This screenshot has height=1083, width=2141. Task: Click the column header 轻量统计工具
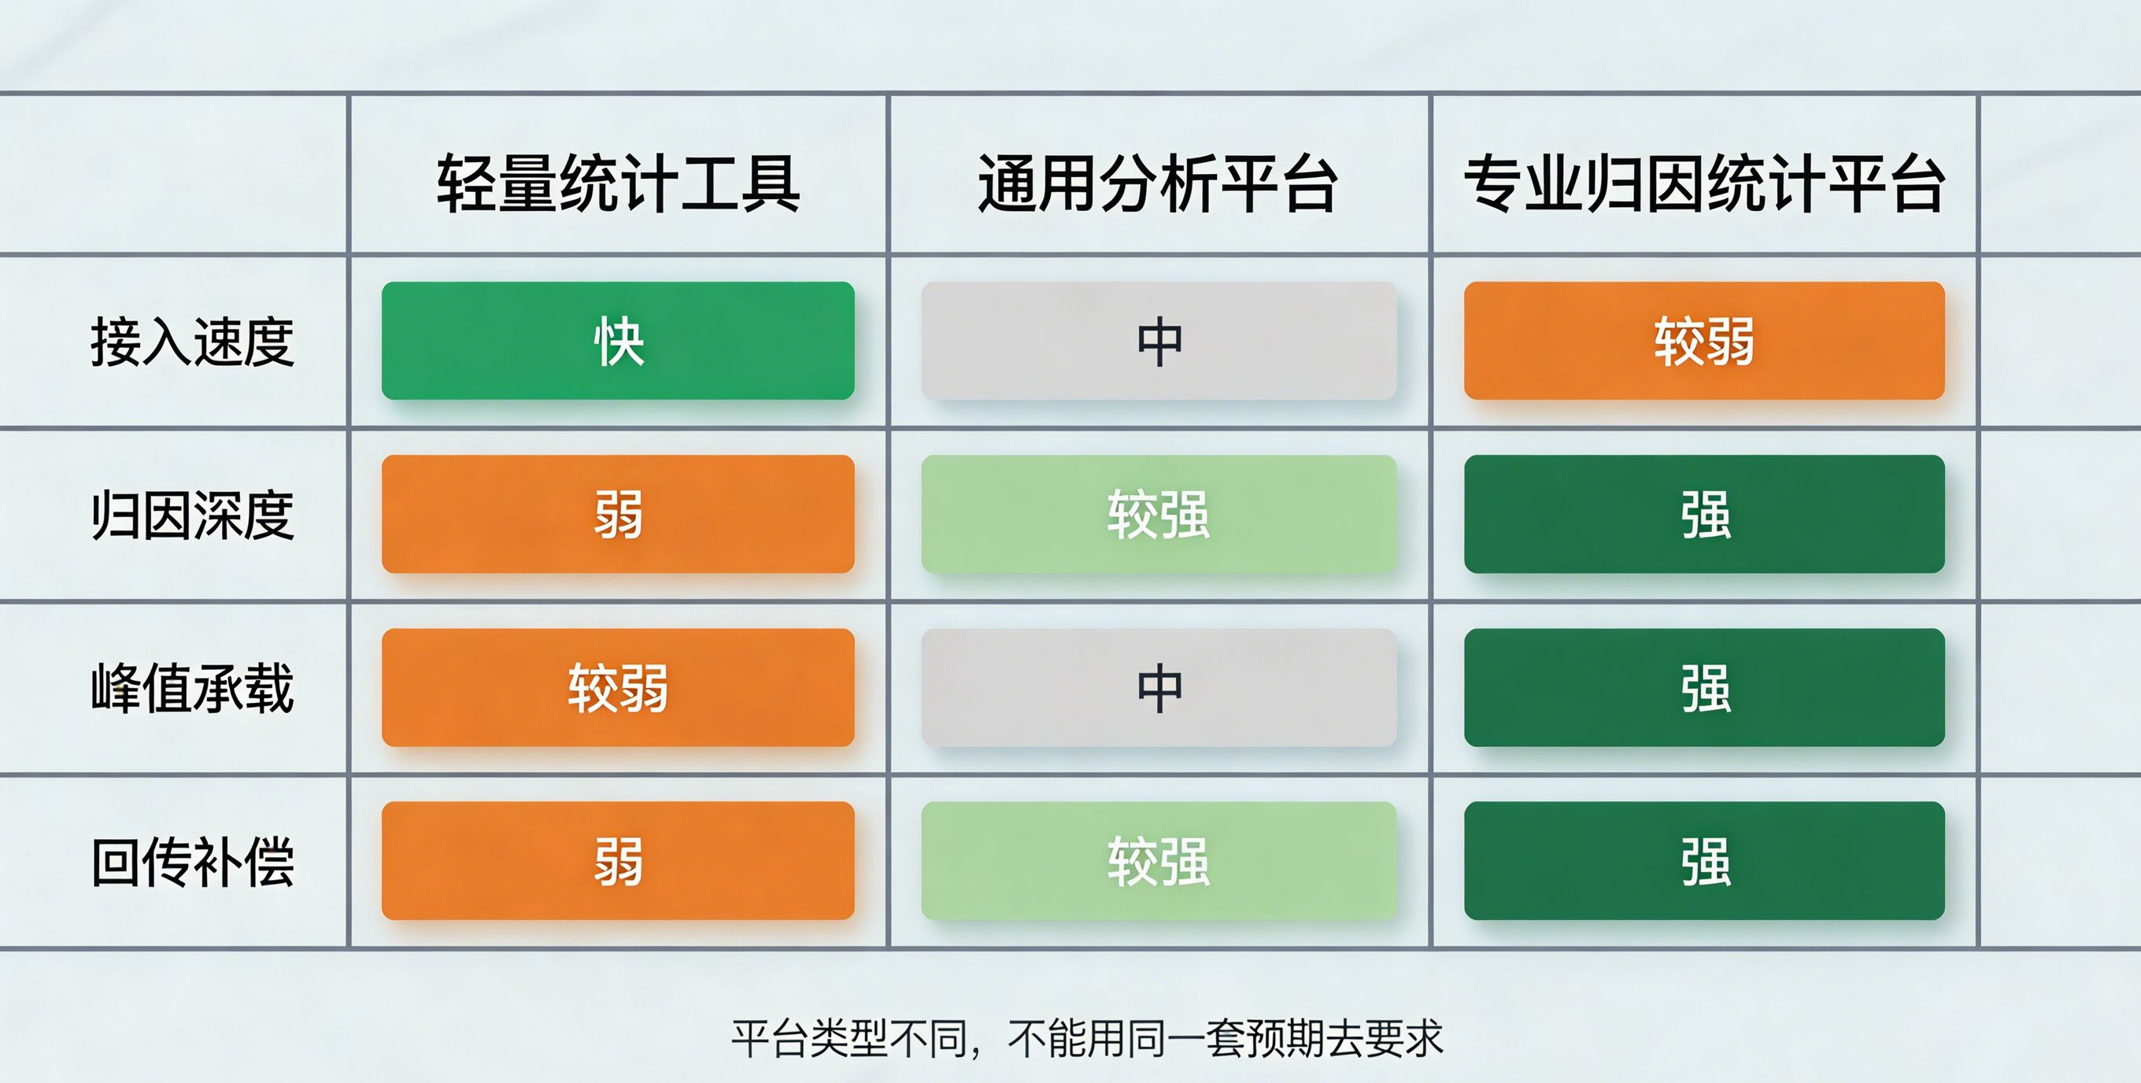point(619,183)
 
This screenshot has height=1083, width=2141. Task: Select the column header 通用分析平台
point(1158,183)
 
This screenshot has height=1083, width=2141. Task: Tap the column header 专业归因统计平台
point(1705,183)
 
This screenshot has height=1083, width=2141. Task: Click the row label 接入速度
point(192,342)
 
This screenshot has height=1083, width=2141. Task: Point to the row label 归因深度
point(192,516)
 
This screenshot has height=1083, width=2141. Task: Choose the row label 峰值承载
point(192,688)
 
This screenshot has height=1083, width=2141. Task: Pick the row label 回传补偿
point(192,862)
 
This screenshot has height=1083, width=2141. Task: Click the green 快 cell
point(619,341)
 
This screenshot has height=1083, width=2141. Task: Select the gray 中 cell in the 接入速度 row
point(1159,341)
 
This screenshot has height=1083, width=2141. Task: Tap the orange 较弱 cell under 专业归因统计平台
point(1705,341)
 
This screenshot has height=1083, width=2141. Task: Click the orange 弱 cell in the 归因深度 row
point(619,514)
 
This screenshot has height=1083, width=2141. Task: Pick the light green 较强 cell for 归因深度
point(1159,514)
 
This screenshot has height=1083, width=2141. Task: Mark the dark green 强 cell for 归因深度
point(1705,514)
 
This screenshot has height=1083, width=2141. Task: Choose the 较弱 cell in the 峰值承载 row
point(619,687)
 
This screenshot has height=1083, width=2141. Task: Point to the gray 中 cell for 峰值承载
point(1159,687)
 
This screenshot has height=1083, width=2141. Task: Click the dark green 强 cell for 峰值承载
point(1705,687)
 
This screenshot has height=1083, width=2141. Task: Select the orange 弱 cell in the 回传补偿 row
point(619,860)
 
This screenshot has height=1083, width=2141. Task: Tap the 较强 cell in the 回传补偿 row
point(1159,860)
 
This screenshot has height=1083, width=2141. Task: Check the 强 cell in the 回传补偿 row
point(1705,860)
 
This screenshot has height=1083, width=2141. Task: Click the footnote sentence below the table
point(1087,1038)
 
